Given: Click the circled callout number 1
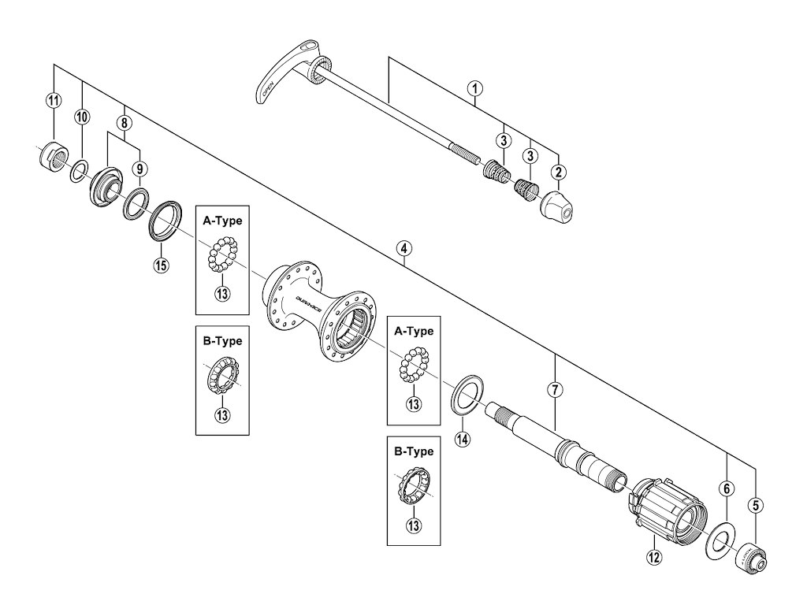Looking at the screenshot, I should click(x=474, y=88).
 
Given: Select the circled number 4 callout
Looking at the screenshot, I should click(x=403, y=249).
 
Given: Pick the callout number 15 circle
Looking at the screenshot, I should click(x=161, y=265).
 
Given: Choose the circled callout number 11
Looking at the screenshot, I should click(x=53, y=100).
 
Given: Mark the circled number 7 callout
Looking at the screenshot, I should click(x=556, y=389).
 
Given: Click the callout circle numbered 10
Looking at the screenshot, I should click(x=83, y=117).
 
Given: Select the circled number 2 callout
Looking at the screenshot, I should click(x=558, y=172).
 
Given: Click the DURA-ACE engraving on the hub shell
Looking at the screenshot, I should click(x=310, y=300).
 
